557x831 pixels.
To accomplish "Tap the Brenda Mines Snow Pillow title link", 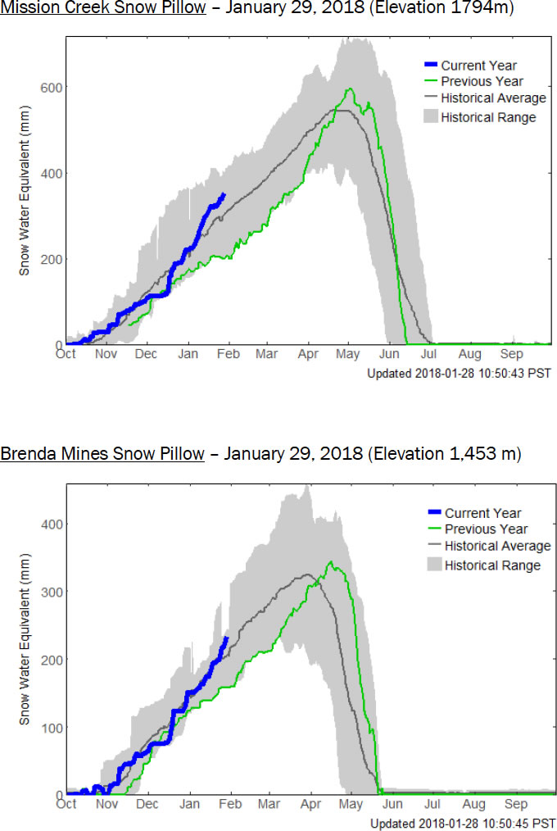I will tap(102, 454).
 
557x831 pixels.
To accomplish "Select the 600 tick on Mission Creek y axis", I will tap(55, 87).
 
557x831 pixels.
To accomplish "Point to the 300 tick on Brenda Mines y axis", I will tap(55, 591).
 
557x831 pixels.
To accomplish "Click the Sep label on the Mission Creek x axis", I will tap(511, 355).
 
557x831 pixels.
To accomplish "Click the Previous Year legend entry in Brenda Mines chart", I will tap(486, 529).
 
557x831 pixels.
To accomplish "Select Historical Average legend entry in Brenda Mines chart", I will tap(497, 547).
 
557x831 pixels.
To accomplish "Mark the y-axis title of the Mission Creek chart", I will tap(25, 212).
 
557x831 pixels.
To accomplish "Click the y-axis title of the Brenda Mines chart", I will tap(25, 661).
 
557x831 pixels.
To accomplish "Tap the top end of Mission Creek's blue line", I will tap(224, 194).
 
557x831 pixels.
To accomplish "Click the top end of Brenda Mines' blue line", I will tap(226, 637).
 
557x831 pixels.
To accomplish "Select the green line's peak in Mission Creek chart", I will tap(350, 89).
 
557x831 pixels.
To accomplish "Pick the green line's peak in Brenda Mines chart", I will tap(330, 562).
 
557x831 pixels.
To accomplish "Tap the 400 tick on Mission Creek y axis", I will tap(55, 173).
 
